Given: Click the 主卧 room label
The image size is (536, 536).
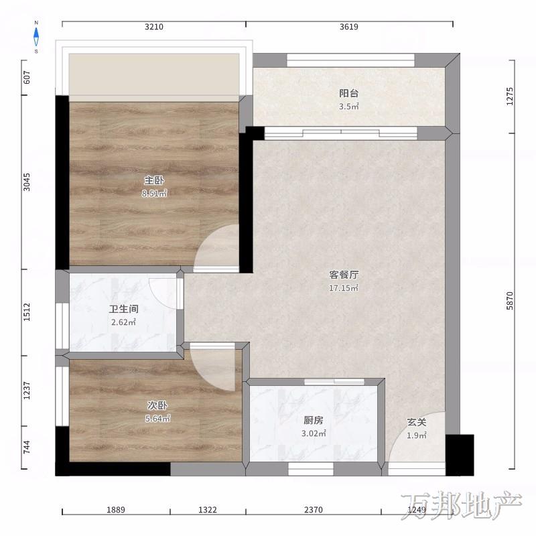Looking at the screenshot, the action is [x=154, y=180].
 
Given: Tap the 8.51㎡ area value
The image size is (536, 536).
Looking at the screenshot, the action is [x=155, y=194].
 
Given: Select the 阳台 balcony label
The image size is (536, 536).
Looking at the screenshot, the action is [x=348, y=93].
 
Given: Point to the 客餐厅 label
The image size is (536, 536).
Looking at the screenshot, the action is [x=344, y=275].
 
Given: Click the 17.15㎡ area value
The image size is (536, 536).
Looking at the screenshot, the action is [x=344, y=288].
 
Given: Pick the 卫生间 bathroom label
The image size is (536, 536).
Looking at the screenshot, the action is [x=124, y=309].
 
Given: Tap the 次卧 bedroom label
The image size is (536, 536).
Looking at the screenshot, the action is [x=157, y=405].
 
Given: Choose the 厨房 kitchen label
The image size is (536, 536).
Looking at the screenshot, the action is [x=313, y=420].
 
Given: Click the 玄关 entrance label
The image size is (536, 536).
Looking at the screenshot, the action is [x=417, y=423].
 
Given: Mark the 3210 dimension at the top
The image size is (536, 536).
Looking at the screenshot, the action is [x=154, y=27].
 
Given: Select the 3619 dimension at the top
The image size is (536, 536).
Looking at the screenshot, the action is [x=349, y=27].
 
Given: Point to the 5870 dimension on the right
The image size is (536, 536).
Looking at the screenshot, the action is [x=510, y=301].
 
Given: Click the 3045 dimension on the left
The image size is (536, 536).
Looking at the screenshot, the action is [x=27, y=182].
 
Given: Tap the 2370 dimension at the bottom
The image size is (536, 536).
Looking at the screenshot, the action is [x=314, y=510].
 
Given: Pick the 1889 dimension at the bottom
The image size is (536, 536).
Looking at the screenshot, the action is [x=116, y=510].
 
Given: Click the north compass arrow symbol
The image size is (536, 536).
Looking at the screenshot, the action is [x=36, y=37].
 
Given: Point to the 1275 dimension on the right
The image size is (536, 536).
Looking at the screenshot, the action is [x=510, y=96].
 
